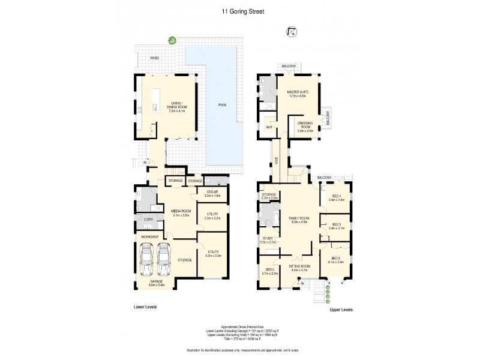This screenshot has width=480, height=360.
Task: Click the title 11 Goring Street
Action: tap(240, 10)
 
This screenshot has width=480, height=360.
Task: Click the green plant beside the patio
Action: tap(173, 41)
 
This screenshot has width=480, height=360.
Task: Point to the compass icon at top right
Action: tap(292, 32)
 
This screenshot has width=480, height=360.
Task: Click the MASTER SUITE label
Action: tap(298, 92)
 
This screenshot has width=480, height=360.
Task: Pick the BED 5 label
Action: tap(269, 270)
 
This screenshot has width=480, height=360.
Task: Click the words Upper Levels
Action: tap(340, 310)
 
